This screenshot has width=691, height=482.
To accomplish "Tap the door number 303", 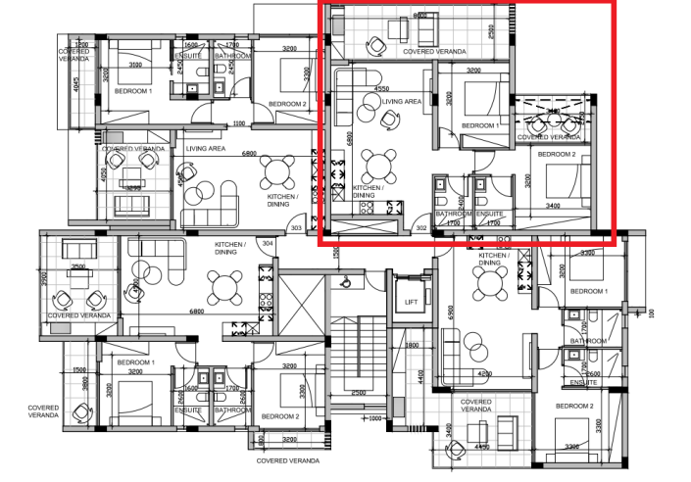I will point(296,228).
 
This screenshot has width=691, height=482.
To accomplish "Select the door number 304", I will point(267,243).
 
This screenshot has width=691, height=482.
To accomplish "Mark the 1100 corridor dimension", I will point(238,123).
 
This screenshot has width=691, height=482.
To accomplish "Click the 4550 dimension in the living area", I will point(381,88).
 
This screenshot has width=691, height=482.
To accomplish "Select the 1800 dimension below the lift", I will point(412,345).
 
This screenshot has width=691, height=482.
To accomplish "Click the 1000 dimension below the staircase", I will point(374,418).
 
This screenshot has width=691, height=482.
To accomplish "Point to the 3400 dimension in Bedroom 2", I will point(553,206).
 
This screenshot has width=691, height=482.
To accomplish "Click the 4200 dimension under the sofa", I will point(484,372).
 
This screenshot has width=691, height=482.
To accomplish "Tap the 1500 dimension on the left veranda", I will point(79,370).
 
